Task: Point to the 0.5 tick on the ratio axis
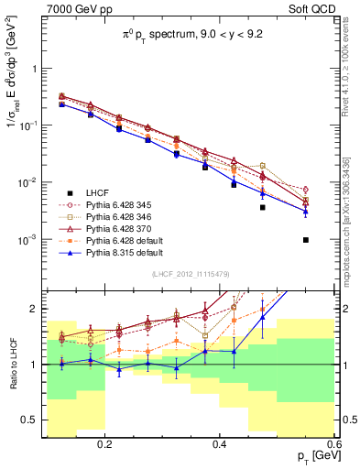coord(34,420)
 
